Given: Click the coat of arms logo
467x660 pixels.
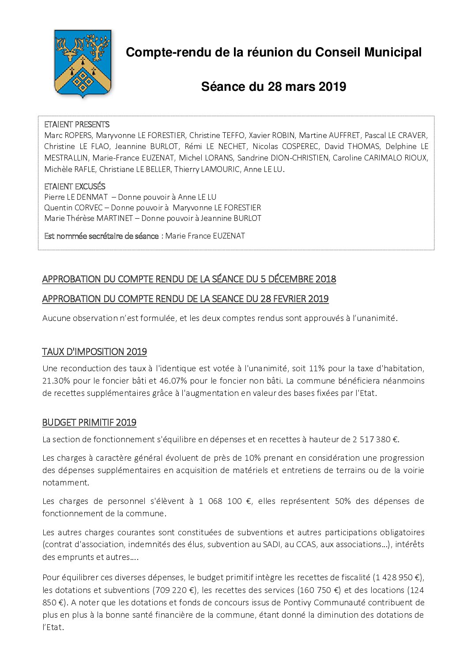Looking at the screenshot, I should click(83, 63).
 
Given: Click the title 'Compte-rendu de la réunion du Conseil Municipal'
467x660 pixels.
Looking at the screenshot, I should click(273, 52).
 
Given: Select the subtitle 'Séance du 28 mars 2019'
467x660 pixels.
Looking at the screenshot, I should click(273, 86).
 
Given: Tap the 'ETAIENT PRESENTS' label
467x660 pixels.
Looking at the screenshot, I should click(77, 125).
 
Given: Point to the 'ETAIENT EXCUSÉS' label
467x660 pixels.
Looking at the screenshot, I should click(75, 186).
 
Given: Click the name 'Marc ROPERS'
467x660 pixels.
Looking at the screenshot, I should click(68, 135).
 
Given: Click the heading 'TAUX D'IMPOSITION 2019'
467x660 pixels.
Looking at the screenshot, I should click(94, 352).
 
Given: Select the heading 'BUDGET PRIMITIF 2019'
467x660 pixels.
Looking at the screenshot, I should click(89, 422).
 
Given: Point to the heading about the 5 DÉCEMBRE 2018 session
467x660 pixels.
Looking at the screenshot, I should click(189, 279).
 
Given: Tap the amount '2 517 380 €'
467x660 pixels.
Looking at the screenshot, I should click(375, 439).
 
